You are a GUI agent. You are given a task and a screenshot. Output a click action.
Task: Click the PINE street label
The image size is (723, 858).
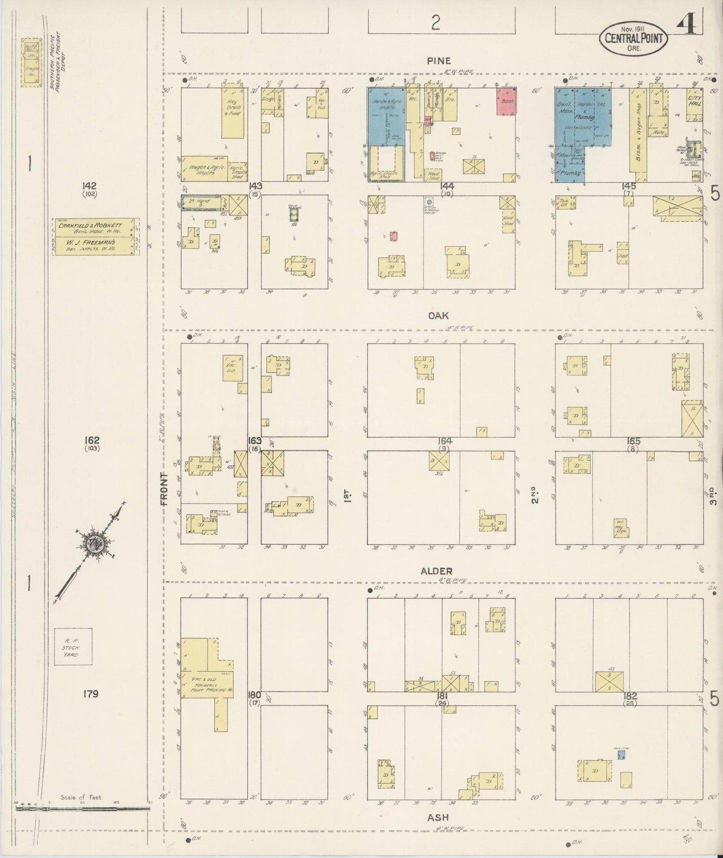pos(439,61)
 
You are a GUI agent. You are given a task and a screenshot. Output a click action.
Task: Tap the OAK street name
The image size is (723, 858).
pos(438,315)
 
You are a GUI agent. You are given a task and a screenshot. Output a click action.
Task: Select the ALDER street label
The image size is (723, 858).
pos(436,571)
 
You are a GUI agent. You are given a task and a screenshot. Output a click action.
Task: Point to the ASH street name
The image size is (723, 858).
pos(438,818)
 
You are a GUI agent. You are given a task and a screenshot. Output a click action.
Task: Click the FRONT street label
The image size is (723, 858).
pos(165,489)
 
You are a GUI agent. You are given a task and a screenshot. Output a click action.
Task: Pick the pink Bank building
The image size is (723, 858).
pos(506,102)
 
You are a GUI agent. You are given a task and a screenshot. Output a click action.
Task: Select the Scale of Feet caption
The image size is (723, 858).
pos(81,797)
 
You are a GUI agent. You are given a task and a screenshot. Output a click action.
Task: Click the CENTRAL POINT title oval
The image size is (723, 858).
pos(634,38)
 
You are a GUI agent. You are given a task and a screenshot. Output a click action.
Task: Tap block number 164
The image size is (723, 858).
pos(445,441)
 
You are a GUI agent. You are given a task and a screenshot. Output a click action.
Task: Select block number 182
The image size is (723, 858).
pos(629,696)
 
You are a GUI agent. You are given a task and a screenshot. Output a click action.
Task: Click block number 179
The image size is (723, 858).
pos(91,694)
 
